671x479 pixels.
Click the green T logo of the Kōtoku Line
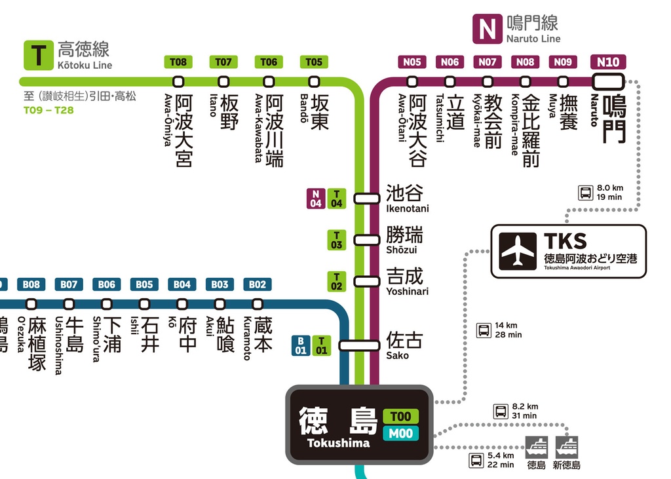(39, 55)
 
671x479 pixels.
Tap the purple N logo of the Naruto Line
(487, 29)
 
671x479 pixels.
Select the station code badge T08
(178, 62)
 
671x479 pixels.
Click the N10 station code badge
(607, 62)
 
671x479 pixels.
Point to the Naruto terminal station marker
(607, 82)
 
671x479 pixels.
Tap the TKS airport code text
(565, 241)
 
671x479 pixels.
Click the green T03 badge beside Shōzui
(336, 240)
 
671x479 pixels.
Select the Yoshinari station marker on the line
(367, 281)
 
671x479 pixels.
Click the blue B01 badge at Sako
(300, 345)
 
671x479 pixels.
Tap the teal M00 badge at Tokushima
(400, 433)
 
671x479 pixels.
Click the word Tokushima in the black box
(338, 443)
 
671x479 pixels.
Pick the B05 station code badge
(144, 284)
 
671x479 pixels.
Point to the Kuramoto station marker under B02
(258, 304)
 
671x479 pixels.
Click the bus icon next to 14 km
(484, 330)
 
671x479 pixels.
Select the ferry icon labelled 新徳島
(567, 447)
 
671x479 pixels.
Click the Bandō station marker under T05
(314, 82)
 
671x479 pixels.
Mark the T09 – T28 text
(48, 110)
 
